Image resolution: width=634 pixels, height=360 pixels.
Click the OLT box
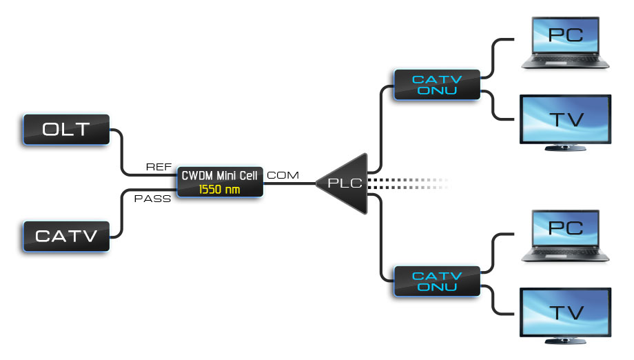coord(66,130)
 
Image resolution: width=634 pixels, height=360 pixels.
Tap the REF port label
coord(158,167)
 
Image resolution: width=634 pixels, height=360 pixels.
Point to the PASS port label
coord(152,199)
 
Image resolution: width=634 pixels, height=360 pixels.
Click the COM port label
coord(283,175)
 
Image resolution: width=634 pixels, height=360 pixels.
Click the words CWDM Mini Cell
coord(219,176)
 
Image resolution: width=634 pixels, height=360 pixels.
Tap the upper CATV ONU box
coord(436,85)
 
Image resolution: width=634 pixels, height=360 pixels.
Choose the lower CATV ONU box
coord(436,281)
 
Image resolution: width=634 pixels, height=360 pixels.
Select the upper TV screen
coord(565,119)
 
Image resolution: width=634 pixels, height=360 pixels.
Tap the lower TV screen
coord(565,312)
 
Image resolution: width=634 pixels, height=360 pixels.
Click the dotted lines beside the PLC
coord(407,183)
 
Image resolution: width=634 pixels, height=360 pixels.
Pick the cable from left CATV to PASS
coord(123,214)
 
